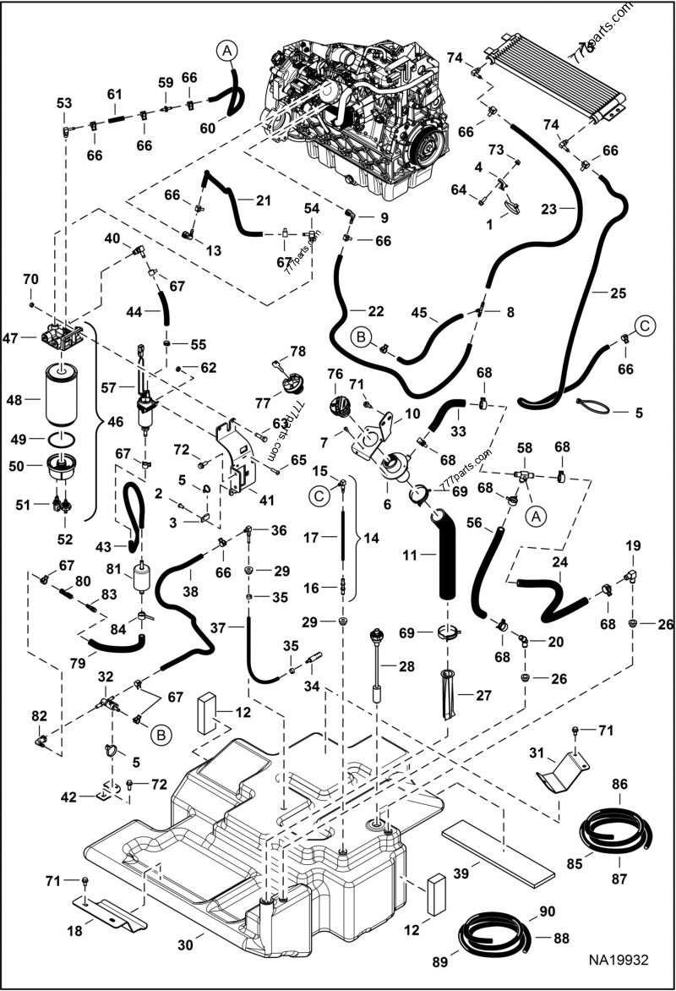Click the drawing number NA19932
point(624,960)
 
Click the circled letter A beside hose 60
point(226,52)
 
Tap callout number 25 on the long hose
point(618,293)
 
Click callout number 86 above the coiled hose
point(619,786)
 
